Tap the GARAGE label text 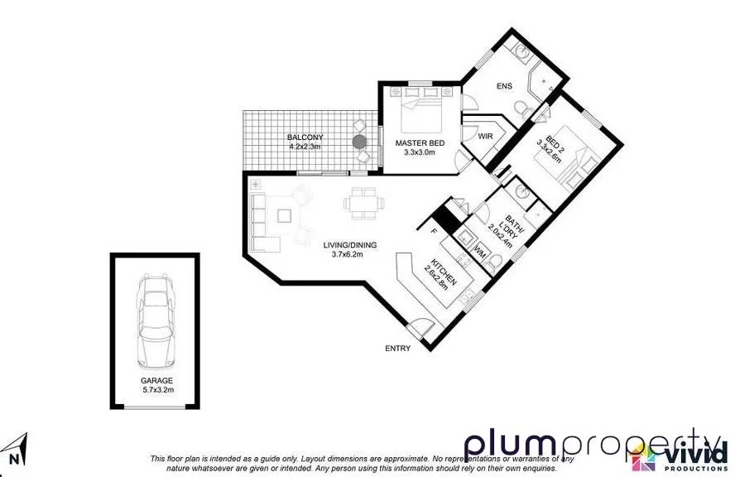[x=156, y=381]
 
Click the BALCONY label [x=305, y=137]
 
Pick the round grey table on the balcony [x=359, y=142]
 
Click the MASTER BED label [x=420, y=143]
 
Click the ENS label [x=504, y=85]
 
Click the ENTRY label [x=397, y=349]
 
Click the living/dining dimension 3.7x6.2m [x=348, y=254]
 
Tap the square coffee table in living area [x=285, y=216]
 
